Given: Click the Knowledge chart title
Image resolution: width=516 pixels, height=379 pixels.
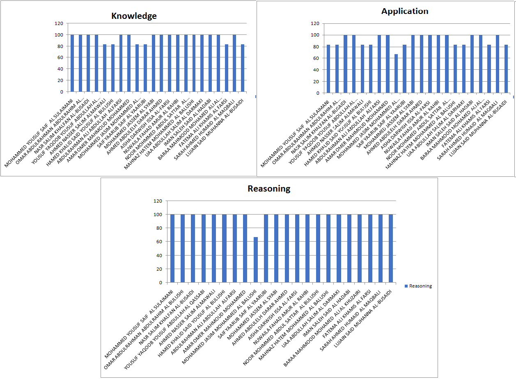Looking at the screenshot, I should click(134, 16).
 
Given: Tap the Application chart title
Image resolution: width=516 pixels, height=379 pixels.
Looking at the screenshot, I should click(404, 11).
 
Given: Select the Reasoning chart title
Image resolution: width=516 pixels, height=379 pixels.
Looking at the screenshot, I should click(268, 189).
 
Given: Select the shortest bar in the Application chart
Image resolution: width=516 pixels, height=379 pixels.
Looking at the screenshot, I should click(396, 73).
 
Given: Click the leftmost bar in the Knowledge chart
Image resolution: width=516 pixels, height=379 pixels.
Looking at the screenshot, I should click(72, 63).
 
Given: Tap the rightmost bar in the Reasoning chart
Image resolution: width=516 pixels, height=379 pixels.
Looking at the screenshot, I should click(391, 248).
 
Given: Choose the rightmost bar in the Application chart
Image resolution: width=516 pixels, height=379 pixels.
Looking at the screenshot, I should click(506, 69).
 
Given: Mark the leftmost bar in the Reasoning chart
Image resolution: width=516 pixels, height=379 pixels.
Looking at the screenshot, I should click(172, 248).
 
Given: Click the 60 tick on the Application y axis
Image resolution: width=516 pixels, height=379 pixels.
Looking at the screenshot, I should click(316, 58).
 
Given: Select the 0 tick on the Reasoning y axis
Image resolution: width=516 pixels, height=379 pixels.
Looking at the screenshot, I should click(160, 283).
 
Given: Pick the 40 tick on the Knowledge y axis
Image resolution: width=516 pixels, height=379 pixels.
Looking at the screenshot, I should click(60, 69).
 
